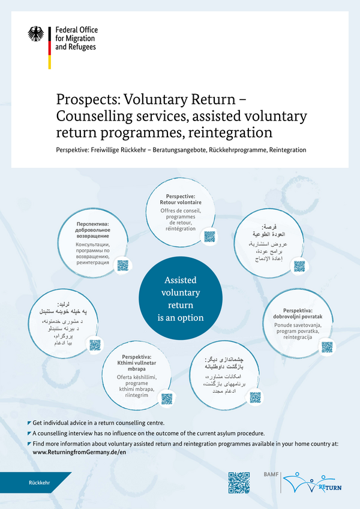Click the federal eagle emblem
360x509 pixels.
[x=36, y=34]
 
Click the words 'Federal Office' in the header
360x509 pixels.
[x=76, y=30]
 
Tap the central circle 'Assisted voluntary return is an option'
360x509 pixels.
[x=180, y=299]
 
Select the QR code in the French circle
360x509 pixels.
[x=209, y=236]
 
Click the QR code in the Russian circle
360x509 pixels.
[x=123, y=265]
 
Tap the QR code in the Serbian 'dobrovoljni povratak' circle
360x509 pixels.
[x=326, y=347]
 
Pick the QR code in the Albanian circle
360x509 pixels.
[x=167, y=398]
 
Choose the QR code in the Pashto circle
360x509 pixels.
[x=95, y=345]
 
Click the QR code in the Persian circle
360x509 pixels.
[x=255, y=397]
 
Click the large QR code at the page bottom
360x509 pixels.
[x=239, y=483]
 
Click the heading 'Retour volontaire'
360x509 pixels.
[x=185, y=203]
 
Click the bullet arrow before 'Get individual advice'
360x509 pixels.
[x=29, y=423]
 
